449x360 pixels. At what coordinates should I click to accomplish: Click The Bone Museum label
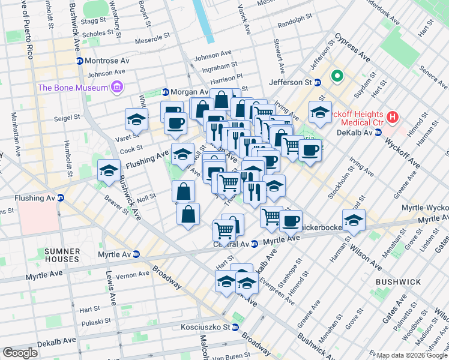(73, 88)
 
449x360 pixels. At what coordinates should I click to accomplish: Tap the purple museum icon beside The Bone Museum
(117, 88)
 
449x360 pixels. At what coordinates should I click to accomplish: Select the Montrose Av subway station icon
(79, 61)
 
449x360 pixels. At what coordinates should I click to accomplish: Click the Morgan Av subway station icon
(165, 92)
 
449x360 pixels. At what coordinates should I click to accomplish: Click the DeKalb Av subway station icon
(378, 132)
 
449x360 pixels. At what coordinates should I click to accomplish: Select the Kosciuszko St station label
(206, 328)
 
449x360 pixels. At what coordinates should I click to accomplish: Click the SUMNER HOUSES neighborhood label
(61, 254)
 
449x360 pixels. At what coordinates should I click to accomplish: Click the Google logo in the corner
(20, 353)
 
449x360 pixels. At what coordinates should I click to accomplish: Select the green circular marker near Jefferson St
(337, 76)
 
